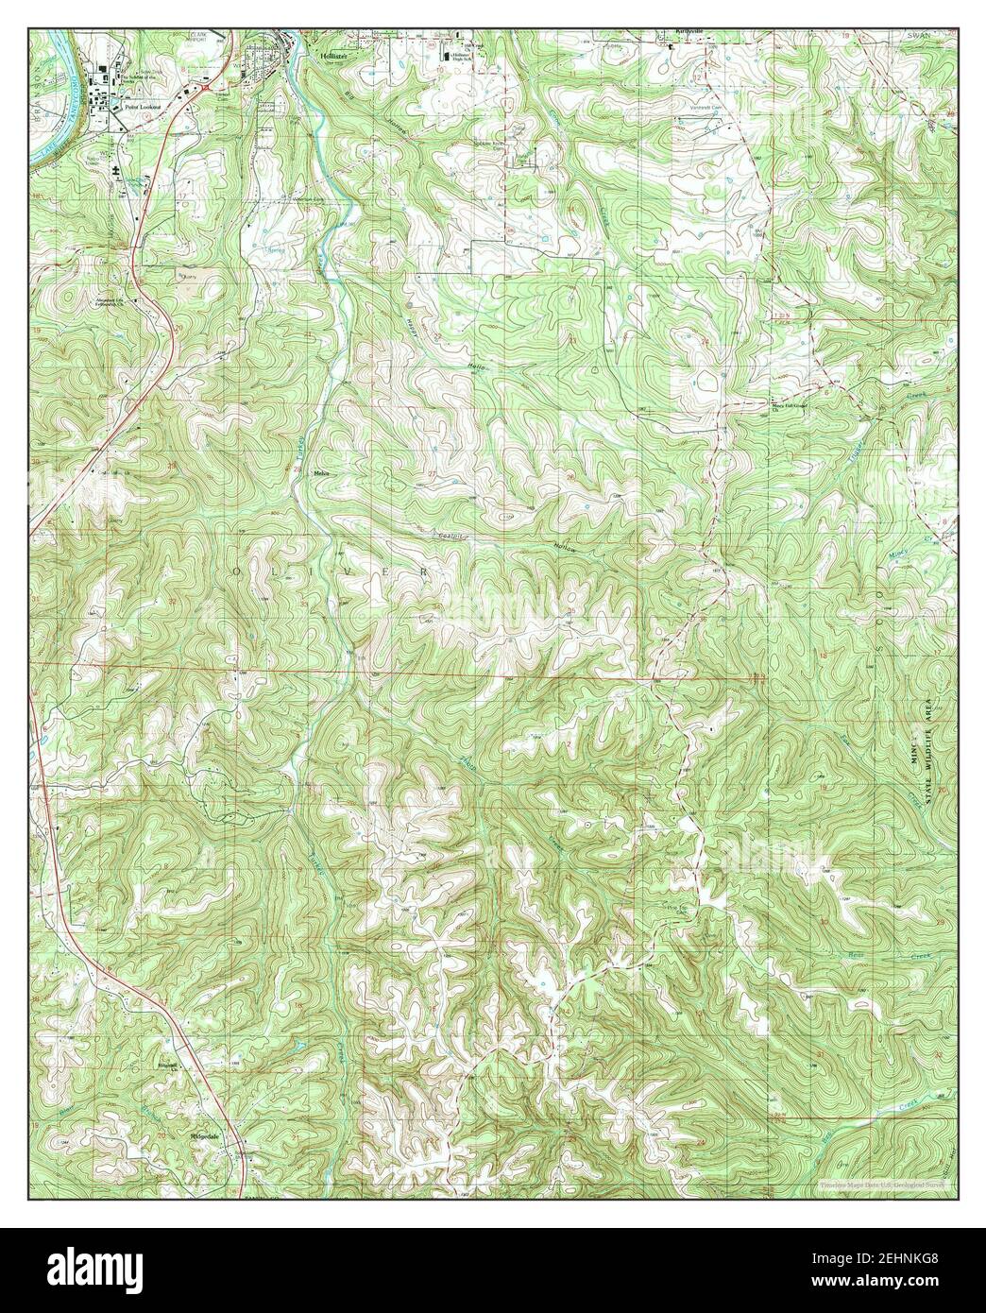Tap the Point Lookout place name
coord(138,108)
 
